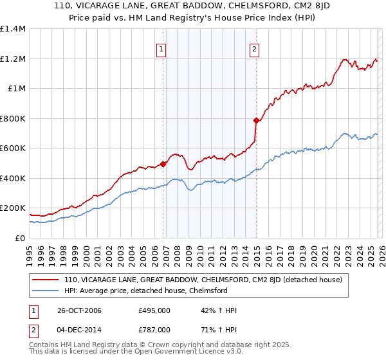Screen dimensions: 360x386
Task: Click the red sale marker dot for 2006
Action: pos(163,164)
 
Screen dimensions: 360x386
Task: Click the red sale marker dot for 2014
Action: pos(256,120)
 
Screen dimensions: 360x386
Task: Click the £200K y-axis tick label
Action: pos(13,208)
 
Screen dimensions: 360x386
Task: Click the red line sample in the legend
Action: pos(46,280)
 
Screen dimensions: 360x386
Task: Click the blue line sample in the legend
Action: pos(46,291)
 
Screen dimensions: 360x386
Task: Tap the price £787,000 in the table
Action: pos(154,329)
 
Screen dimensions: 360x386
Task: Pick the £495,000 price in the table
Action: pos(154,310)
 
